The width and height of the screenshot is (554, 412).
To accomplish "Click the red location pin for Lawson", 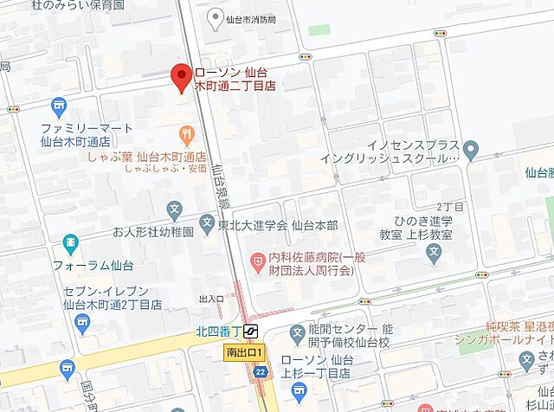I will click(x=182, y=77).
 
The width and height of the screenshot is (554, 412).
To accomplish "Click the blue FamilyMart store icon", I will click(x=58, y=107).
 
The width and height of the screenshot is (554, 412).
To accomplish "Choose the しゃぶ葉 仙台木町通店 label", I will click(x=147, y=158).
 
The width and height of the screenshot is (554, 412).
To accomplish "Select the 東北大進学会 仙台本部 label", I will click(x=264, y=225).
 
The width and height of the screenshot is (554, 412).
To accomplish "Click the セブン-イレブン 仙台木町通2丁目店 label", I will click(x=106, y=298).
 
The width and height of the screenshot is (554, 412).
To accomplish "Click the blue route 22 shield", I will click(x=259, y=371).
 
